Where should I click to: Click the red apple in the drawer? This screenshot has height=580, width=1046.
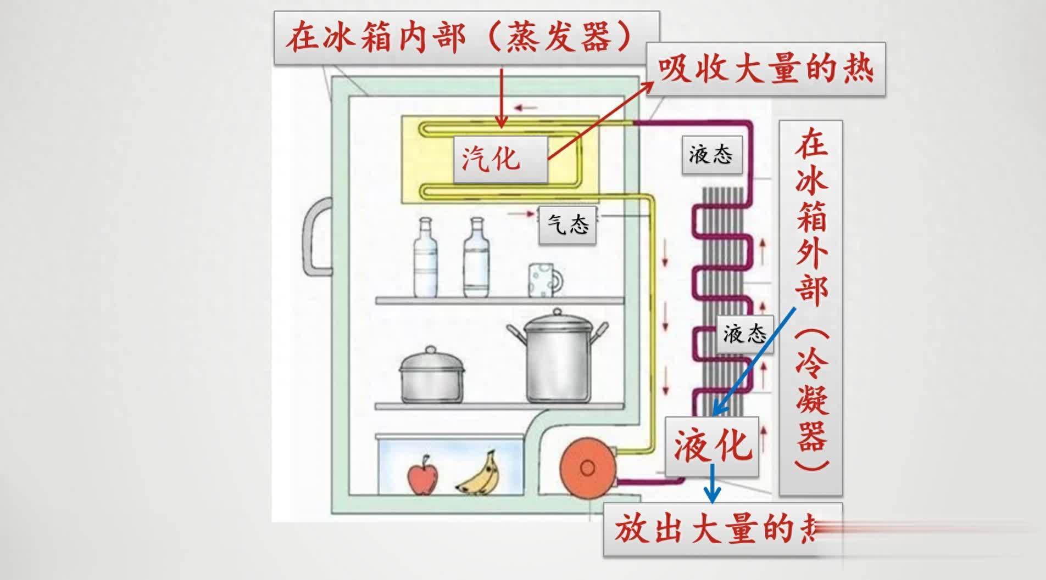pyautogui.click(x=422, y=475)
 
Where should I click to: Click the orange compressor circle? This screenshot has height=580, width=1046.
pyautogui.click(x=587, y=468)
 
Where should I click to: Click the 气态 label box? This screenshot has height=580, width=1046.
pyautogui.click(x=567, y=224)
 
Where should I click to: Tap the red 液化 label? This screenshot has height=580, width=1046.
pyautogui.click(x=712, y=445)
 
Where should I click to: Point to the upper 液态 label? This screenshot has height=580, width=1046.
pyautogui.click(x=711, y=155)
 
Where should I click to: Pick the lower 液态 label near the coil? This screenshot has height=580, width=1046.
pyautogui.click(x=744, y=334)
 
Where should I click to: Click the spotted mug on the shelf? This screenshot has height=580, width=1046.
pyautogui.click(x=544, y=280)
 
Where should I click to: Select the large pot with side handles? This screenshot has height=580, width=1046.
pyautogui.click(x=558, y=357)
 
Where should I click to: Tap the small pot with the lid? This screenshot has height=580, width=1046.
pyautogui.click(x=431, y=376)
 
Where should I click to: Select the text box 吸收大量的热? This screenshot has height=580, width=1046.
pyautogui.click(x=765, y=70)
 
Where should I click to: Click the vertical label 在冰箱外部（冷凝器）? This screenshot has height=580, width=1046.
pyautogui.click(x=810, y=307)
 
